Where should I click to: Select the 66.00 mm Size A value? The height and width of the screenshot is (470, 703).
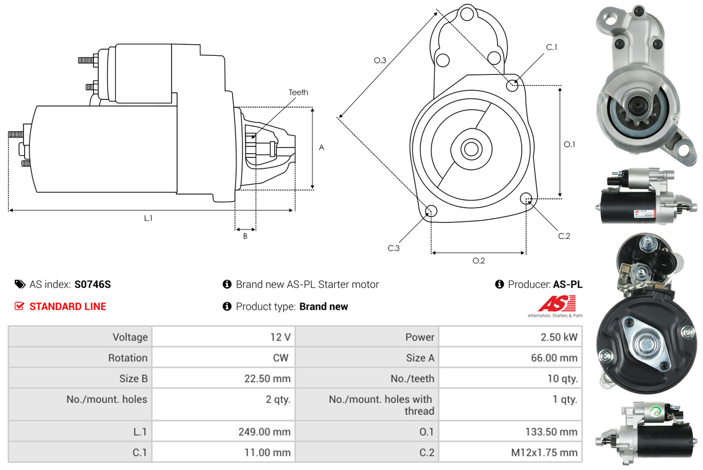553,358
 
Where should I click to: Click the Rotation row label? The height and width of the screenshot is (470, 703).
127,358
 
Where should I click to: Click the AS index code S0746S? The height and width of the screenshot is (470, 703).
93,284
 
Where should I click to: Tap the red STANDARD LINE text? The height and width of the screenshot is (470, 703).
68,307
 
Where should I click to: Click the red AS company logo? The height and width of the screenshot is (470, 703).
556,303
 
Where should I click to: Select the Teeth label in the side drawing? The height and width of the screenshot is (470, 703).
298,92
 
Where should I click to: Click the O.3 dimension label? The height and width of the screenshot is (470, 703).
380,61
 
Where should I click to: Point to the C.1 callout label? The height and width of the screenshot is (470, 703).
552,47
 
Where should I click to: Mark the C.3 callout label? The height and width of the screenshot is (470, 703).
394,248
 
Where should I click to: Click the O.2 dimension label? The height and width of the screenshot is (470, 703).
478,261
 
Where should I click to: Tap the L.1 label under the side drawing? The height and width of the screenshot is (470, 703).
148,218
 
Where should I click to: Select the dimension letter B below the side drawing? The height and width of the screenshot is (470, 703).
245,237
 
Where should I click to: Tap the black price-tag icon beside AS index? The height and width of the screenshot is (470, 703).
20,284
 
